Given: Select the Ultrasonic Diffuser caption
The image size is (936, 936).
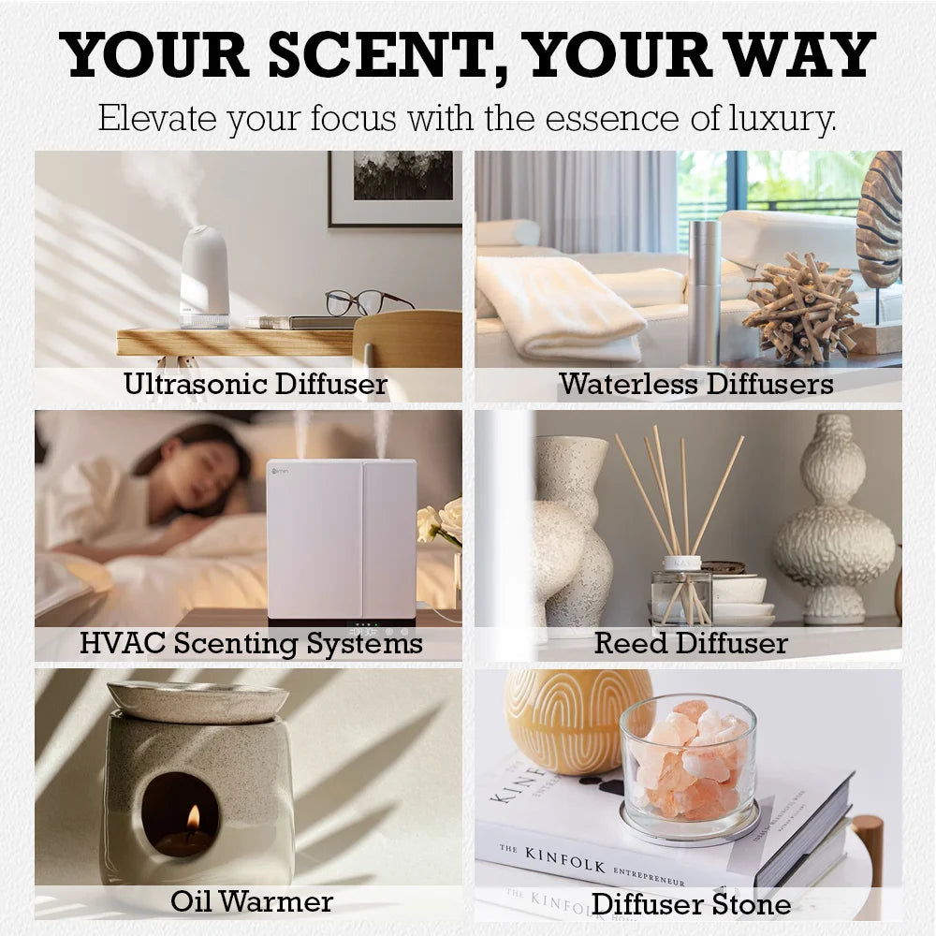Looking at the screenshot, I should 256,384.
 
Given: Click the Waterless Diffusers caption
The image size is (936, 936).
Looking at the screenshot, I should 695,384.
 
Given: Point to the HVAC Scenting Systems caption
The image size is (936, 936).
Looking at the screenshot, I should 251,643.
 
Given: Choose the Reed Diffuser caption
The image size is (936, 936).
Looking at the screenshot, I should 691,643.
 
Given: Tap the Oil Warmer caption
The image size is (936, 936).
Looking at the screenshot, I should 252,901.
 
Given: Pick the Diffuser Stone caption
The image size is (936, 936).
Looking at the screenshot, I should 691,904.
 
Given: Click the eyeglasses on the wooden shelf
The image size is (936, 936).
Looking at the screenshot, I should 366,301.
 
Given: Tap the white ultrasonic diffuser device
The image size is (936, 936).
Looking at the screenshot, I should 205,276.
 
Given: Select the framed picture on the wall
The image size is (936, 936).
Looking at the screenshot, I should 395,187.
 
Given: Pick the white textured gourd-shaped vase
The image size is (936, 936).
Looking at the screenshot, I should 834,524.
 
